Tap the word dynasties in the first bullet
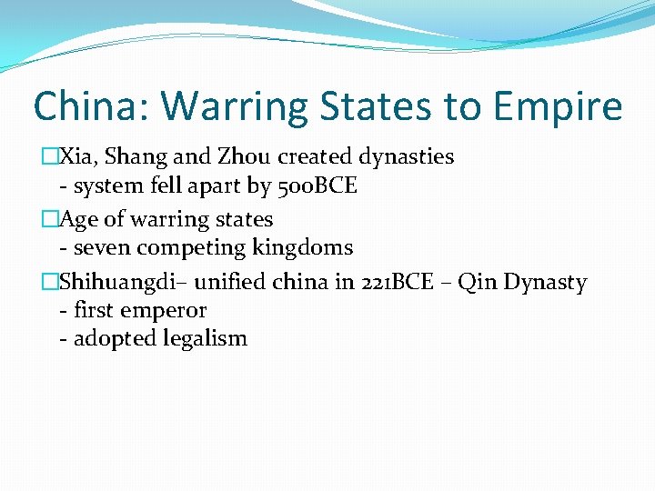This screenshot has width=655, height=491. coord(403,157)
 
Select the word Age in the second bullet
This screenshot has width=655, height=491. coord(77,219)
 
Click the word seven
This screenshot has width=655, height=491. coord(101,247)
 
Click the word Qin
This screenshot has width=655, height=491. coord(478,282)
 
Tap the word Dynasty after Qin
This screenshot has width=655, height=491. coord(546,282)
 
